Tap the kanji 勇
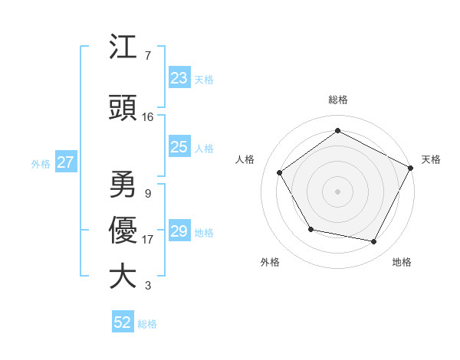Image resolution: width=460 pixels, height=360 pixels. (123, 185)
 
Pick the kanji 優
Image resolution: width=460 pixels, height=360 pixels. (123, 231)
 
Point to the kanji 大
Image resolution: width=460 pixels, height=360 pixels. (123, 277)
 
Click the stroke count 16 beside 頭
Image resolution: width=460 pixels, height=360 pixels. (148, 117)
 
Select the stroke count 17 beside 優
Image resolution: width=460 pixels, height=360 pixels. (148, 240)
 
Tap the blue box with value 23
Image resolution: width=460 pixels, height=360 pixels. (179, 78)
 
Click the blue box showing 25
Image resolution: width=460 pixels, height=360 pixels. (179, 147)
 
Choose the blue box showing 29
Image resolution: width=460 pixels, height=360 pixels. (179, 231)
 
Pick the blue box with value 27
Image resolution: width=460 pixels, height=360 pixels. (65, 162)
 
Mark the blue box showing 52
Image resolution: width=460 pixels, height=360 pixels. (123, 322)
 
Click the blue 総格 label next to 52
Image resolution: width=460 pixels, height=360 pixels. (147, 324)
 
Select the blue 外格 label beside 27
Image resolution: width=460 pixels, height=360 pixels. (41, 163)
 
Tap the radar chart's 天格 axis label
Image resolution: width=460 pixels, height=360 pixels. (431, 159)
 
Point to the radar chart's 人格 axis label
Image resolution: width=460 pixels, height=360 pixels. (245, 159)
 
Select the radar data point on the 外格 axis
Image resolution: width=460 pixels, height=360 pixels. (310, 229)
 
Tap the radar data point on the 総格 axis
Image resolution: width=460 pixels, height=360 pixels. (337, 131)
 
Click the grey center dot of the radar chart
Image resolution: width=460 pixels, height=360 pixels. (337, 191)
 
